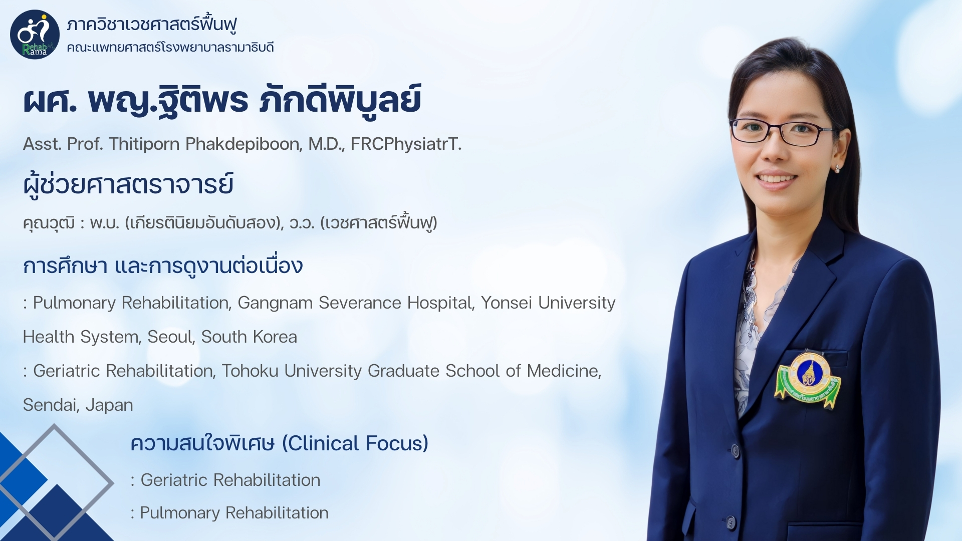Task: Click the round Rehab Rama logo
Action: [35, 35]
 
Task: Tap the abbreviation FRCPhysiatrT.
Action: [406, 144]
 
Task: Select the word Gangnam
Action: [275, 303]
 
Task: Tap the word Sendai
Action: [52, 405]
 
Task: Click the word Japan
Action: [109, 405]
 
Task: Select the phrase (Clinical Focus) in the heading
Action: [355, 443]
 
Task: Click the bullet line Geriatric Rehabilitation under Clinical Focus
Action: [225, 480]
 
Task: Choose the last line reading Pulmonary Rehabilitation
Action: [229, 513]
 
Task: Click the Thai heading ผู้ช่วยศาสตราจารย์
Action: [128, 184]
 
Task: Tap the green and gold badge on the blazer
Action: [808, 379]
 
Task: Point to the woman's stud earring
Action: [837, 168]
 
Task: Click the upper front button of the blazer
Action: [736, 451]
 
